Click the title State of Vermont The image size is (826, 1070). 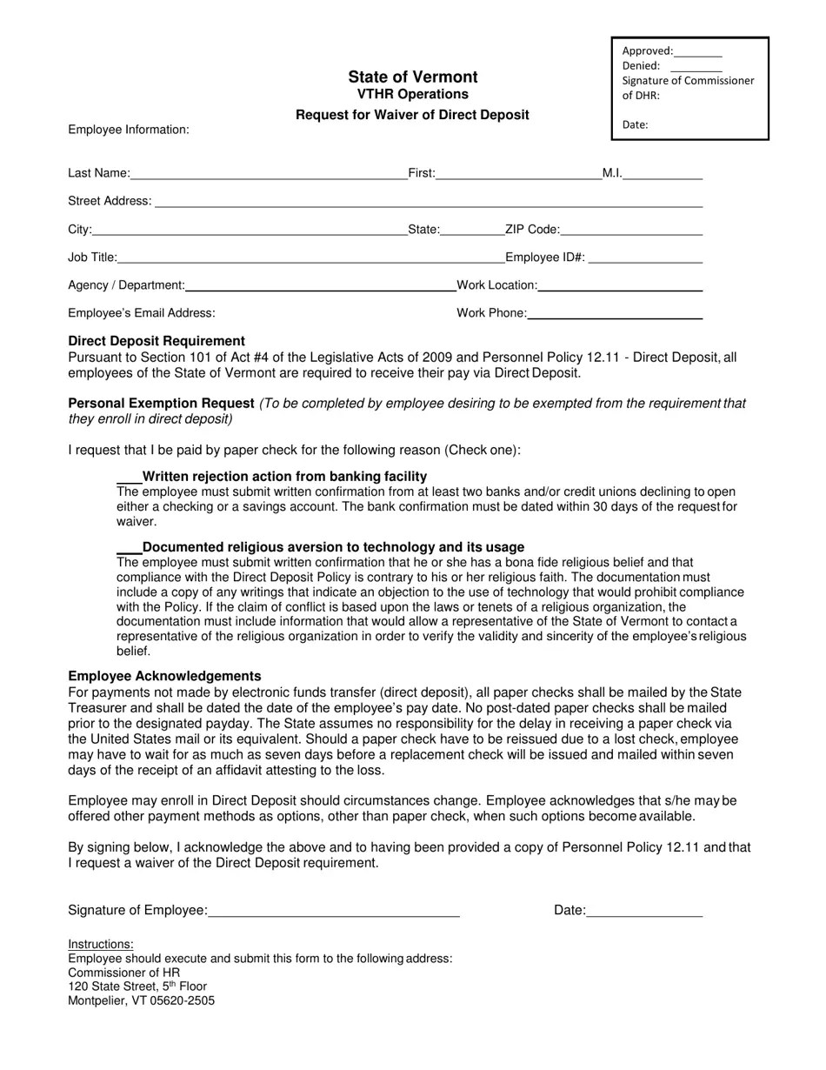[x=413, y=77]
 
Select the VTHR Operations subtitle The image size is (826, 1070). [x=413, y=94]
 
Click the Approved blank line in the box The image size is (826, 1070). [x=697, y=52]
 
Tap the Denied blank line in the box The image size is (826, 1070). [x=696, y=67]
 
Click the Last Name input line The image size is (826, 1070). [x=269, y=175]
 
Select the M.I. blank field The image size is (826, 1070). [x=663, y=175]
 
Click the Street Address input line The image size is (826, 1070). [x=429, y=203]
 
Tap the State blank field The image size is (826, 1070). [x=472, y=231]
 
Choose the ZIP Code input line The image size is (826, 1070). [x=631, y=231]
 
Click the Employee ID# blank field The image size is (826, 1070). [x=645, y=259]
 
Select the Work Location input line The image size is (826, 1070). [x=620, y=287]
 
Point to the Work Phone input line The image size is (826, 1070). [x=615, y=315]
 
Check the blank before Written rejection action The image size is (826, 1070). [x=129, y=478]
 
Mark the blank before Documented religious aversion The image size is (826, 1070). [x=129, y=549]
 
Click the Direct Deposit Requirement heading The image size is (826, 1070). [x=157, y=341]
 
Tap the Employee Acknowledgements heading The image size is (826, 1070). [x=164, y=676]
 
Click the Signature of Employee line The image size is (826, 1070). [x=334, y=913]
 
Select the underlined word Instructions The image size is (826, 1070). [x=101, y=944]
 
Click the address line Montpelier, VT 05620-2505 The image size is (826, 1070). [x=141, y=1000]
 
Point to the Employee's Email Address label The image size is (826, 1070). [x=142, y=313]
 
